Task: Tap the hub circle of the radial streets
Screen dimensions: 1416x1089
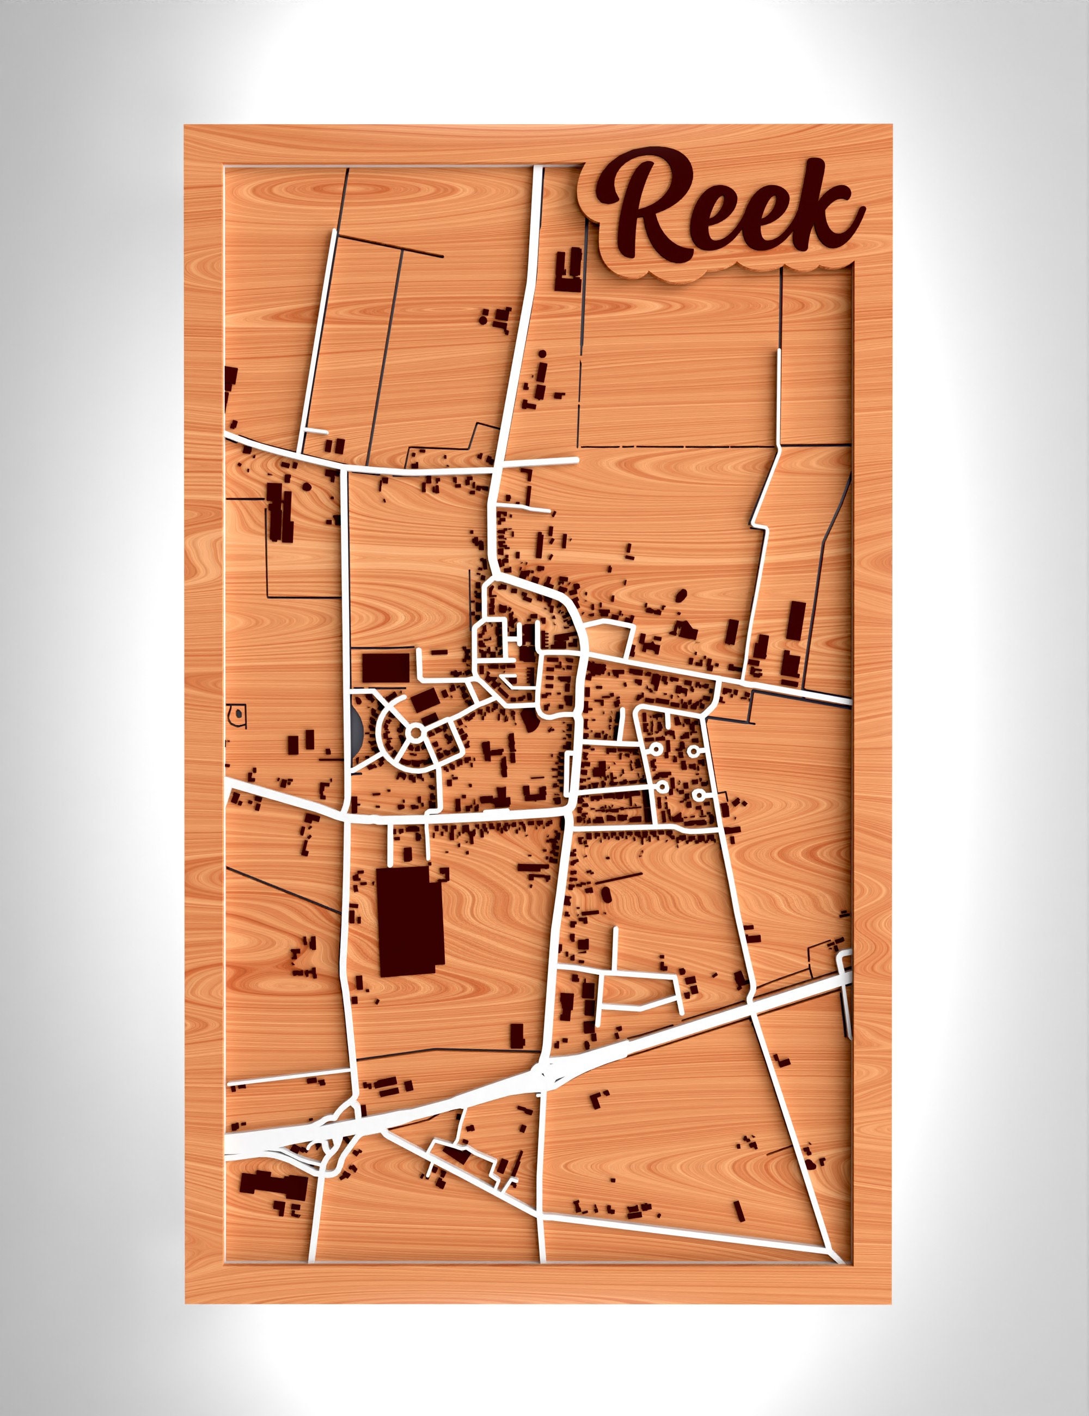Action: pos(416,732)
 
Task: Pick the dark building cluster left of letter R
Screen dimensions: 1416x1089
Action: pos(569,266)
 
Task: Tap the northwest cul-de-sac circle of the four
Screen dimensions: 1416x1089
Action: pos(656,750)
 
